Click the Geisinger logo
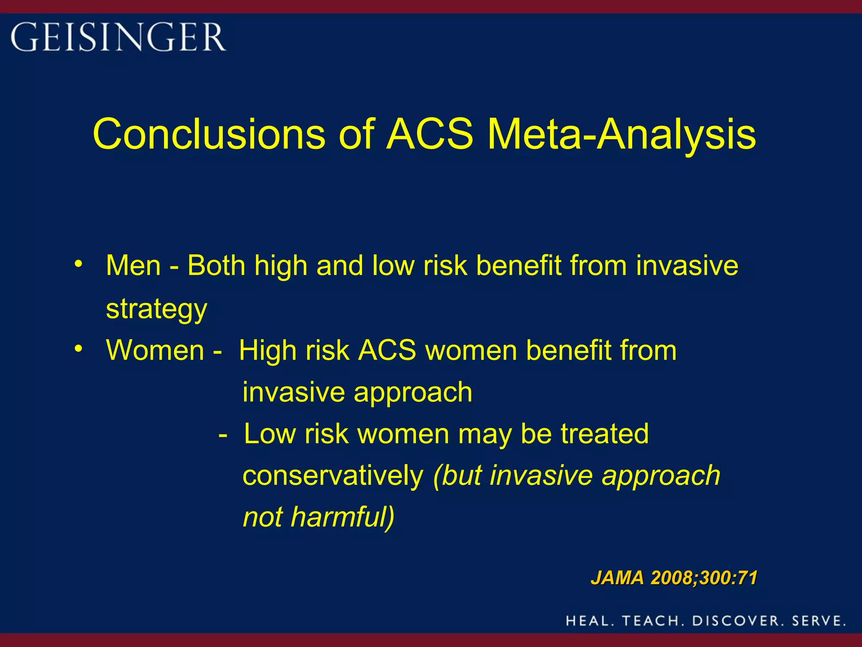(118, 37)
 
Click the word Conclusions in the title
(209, 134)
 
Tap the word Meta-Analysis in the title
(622, 134)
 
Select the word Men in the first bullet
(133, 266)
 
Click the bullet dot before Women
(78, 349)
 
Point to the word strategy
(157, 309)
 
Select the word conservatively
(333, 476)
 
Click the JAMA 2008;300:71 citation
(674, 577)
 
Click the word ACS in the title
(430, 134)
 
